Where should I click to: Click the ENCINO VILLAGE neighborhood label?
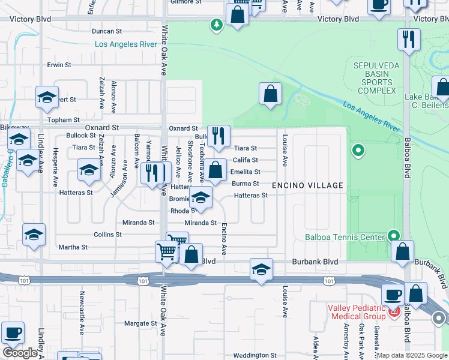(x=307, y=185)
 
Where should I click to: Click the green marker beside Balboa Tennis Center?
(x=393, y=235)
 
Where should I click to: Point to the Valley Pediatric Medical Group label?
(x=357, y=313)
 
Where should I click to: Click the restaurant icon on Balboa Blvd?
(x=409, y=40)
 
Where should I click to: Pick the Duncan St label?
(x=107, y=31)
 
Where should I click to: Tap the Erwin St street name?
(x=59, y=64)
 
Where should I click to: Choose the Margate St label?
(x=140, y=323)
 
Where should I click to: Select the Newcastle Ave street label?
(x=82, y=306)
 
